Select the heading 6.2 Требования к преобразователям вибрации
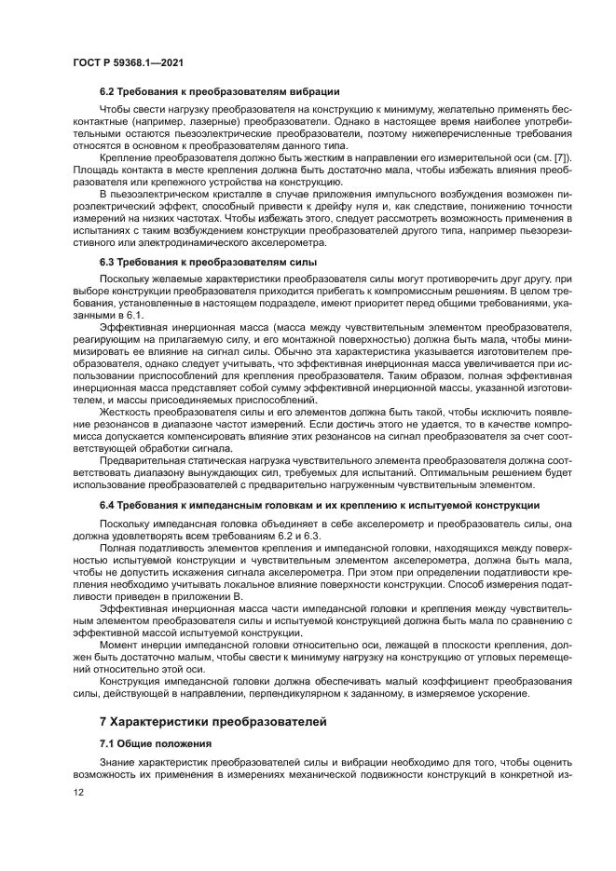(219, 91)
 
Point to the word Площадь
(96, 170)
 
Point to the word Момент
(120, 643)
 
